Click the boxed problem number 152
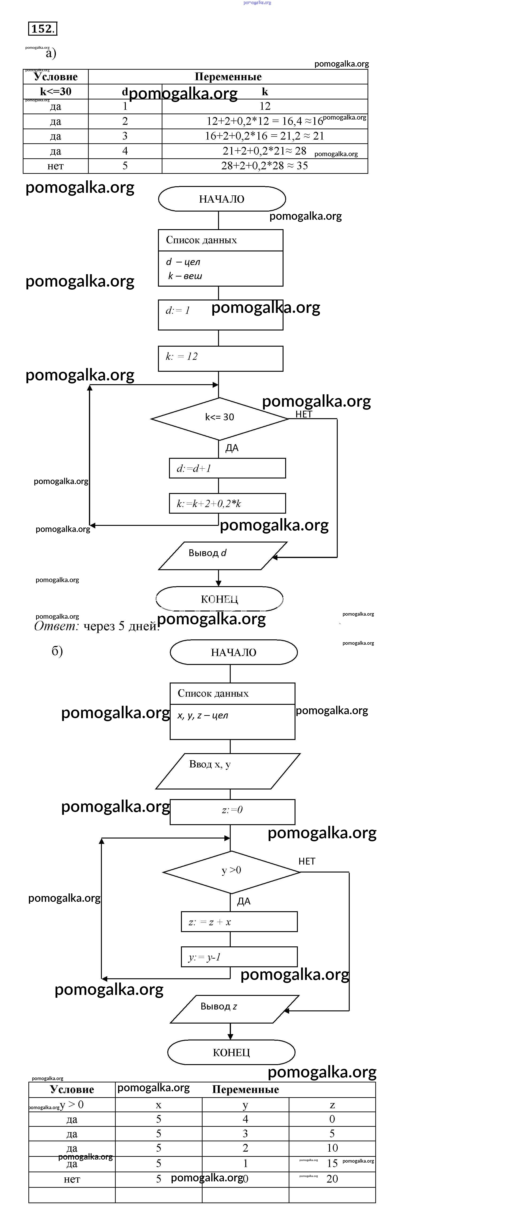click(x=42, y=29)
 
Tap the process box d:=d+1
click(x=227, y=468)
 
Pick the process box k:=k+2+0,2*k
click(x=227, y=503)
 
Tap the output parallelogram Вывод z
click(x=234, y=1009)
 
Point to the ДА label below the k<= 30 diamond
click(x=232, y=448)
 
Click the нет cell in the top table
click(x=56, y=166)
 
